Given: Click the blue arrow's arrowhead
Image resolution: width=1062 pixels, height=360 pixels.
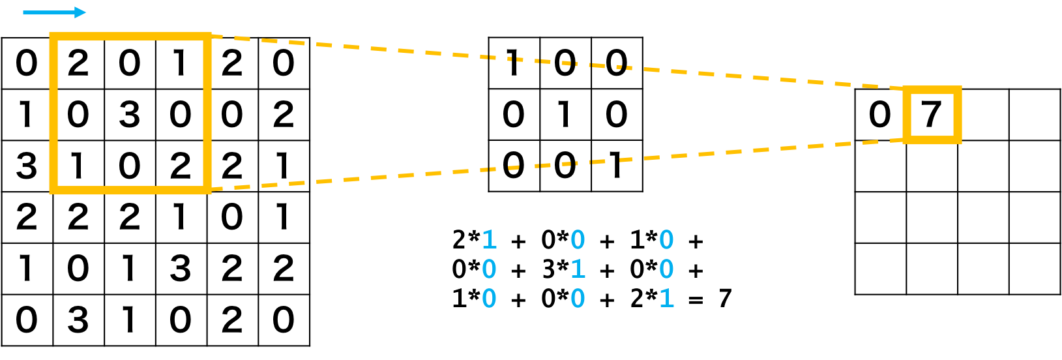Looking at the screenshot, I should point(81,12).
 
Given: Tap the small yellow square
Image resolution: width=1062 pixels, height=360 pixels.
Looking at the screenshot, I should point(932,115).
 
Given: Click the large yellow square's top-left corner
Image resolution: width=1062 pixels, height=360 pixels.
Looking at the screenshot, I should point(53,37).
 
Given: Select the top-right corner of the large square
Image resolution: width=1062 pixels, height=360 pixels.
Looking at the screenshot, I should point(207,37).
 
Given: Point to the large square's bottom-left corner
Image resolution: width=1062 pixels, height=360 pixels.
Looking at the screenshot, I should point(53,190).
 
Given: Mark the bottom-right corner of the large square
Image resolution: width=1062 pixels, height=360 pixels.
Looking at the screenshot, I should point(207,190).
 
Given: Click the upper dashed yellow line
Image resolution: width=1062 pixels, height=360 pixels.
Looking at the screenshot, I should point(554,62).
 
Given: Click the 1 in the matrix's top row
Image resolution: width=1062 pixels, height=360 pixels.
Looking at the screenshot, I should point(489,240).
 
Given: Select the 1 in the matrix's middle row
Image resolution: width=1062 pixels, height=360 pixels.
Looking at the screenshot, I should point(578,269).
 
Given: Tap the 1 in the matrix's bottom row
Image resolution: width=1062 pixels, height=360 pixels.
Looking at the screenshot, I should point(666,299).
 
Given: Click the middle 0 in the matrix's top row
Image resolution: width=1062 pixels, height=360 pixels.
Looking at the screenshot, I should point(578,240).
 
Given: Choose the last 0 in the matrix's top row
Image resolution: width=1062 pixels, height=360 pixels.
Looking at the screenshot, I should point(666,240).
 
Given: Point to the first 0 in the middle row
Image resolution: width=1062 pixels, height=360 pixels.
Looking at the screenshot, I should point(489,269).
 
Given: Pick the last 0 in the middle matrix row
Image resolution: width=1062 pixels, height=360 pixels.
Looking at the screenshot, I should point(666,269).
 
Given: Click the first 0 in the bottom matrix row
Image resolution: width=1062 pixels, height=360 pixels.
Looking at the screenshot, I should point(489,299).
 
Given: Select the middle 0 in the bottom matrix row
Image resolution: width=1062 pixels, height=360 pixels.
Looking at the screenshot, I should point(578,299).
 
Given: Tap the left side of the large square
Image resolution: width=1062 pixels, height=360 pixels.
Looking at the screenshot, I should point(53,114).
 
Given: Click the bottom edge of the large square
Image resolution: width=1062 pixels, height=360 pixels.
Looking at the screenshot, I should point(130,190).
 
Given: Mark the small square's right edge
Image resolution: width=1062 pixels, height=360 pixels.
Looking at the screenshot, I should point(958,115).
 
